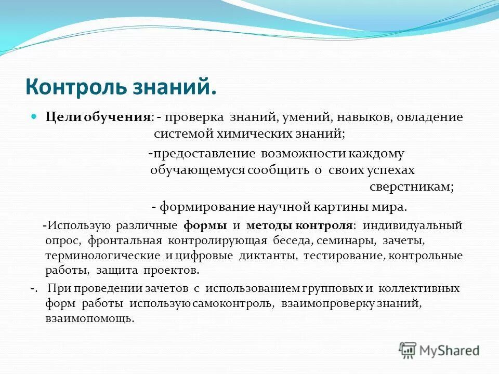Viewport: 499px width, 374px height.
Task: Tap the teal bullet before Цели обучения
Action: [x=35, y=117]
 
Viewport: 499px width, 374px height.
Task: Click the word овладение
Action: [x=430, y=117]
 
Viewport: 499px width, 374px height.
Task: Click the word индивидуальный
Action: [x=412, y=226]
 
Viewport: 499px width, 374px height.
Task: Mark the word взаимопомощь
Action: [x=89, y=318]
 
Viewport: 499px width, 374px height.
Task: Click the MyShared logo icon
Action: [x=408, y=350]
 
